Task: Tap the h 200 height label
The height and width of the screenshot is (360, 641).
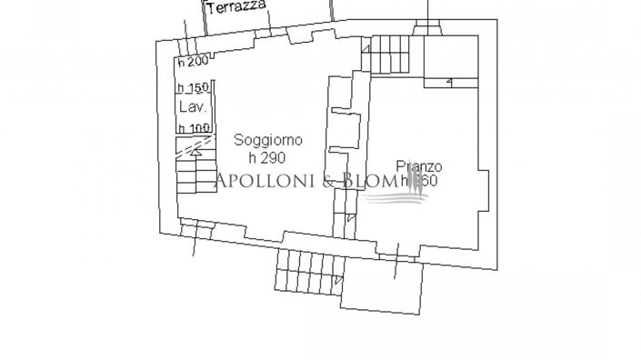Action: pos(193,62)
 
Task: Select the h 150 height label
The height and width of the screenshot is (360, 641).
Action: pos(193,87)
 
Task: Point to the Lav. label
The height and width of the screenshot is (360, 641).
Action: pos(192,106)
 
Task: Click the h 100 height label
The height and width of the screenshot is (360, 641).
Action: pos(193,128)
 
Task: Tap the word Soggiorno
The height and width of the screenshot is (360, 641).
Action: pos(268,140)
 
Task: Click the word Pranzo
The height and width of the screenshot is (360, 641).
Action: pos(419,166)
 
